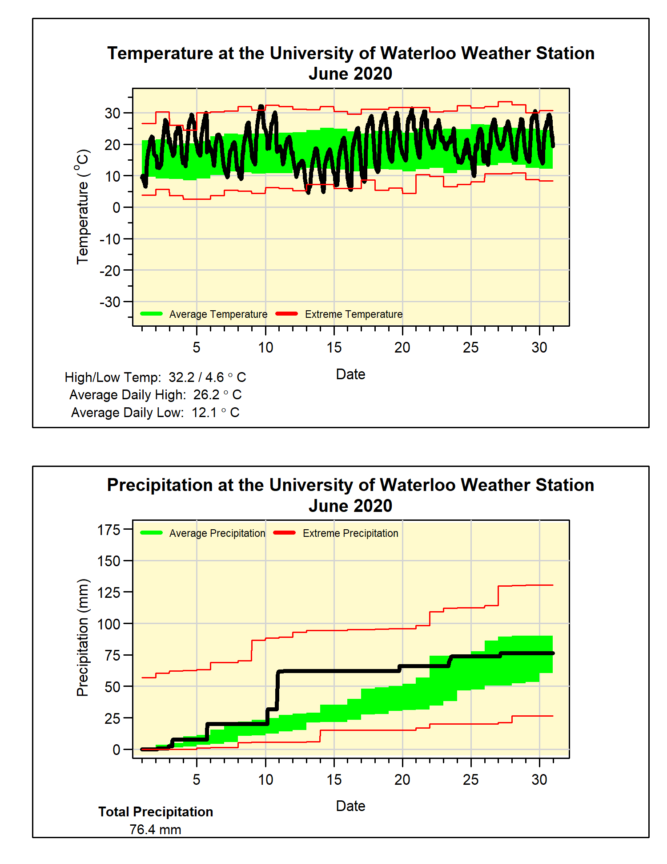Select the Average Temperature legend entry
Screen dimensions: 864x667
(218, 314)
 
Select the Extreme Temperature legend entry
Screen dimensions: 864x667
(354, 314)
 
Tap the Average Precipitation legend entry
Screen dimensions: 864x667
(217, 533)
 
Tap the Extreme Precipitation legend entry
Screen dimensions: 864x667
(350, 533)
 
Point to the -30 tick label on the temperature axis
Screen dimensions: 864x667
(110, 302)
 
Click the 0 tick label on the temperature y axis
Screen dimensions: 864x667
(116, 207)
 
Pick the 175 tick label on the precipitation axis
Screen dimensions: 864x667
(109, 530)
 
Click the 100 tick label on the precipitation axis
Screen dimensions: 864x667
(109, 624)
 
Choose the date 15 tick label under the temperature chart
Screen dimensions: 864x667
(334, 348)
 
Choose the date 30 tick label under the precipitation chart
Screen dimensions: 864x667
(539, 779)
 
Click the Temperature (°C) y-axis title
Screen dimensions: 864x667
(83, 207)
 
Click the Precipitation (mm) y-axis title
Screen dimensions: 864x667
(83, 637)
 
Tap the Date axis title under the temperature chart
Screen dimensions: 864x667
(350, 374)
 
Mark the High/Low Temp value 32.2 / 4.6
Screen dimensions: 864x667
(196, 377)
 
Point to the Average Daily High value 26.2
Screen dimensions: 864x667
(206, 395)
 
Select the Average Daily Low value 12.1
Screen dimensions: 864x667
(205, 413)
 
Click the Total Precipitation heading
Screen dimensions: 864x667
(156, 812)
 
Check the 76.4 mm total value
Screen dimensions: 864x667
(155, 830)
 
